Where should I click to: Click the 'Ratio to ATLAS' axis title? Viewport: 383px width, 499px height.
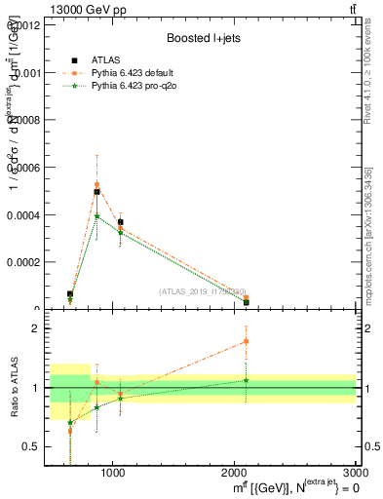click(14, 388)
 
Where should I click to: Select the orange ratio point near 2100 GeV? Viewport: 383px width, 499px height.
click(246, 341)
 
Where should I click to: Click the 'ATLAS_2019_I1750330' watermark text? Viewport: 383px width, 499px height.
click(203, 290)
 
